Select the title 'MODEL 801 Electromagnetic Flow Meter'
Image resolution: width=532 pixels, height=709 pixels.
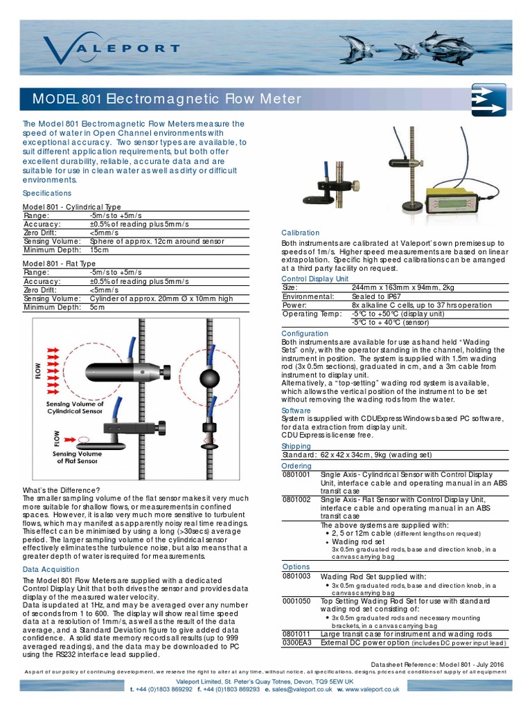tap(167, 99)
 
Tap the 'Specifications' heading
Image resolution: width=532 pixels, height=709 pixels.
tap(47, 193)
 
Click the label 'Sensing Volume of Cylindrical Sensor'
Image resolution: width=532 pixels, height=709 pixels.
tap(75, 407)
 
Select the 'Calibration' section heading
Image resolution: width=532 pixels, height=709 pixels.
tap(300, 233)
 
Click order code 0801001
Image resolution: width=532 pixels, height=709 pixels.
tap(296, 474)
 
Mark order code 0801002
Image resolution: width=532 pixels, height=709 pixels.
tap(296, 499)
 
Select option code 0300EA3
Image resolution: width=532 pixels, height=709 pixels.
tap(296, 643)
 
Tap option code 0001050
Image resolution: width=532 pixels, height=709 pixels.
tap(296, 601)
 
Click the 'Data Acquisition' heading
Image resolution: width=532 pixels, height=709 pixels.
tap(52, 569)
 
